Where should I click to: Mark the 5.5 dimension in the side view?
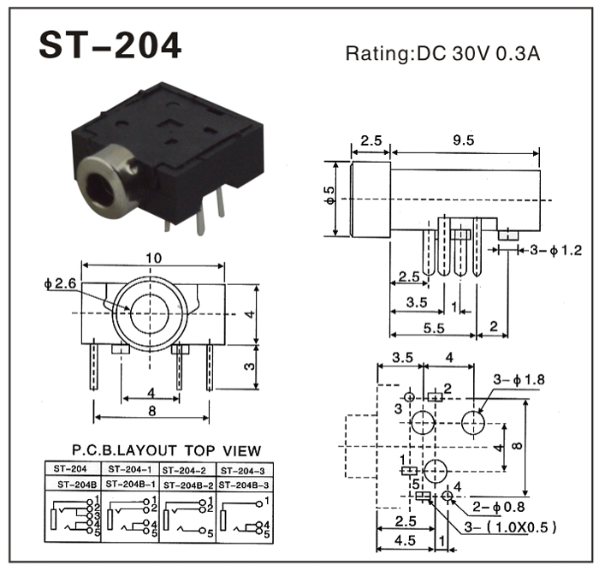tap(432, 327)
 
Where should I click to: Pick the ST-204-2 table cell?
tap(189, 469)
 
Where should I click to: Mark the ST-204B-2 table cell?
tap(190, 484)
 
